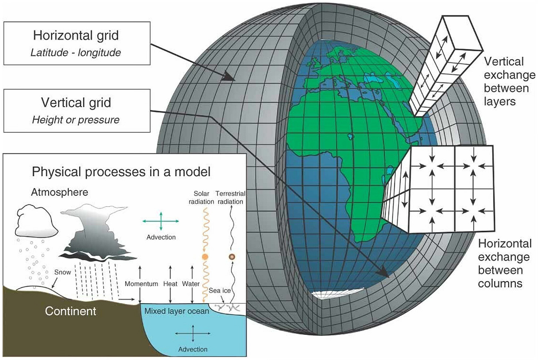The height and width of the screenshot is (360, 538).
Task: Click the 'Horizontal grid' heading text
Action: (x=76, y=35)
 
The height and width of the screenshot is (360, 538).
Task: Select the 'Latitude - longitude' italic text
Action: (x=76, y=52)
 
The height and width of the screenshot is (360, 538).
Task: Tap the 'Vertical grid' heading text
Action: (x=76, y=102)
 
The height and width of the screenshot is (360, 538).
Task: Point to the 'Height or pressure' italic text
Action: (x=76, y=120)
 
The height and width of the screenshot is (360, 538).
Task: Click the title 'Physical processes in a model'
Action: (x=121, y=172)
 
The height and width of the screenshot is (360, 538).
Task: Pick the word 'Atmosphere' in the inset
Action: (x=59, y=192)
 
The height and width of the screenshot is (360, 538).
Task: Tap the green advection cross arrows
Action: (x=161, y=221)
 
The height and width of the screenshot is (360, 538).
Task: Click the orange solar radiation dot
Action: (x=205, y=257)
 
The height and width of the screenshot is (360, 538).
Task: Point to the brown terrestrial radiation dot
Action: (x=232, y=257)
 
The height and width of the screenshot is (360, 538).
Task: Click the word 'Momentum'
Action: (x=141, y=284)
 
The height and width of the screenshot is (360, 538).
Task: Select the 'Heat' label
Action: (x=170, y=284)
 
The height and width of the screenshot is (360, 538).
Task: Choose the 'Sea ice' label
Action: (x=219, y=291)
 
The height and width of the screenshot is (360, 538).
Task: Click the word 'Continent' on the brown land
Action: (x=70, y=311)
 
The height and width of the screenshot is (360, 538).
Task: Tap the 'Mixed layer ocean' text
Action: (x=177, y=311)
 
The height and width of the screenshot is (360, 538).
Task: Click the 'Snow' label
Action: (x=62, y=272)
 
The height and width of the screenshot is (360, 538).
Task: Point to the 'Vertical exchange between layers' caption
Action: (x=508, y=81)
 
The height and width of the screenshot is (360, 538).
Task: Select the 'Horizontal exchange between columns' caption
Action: (x=504, y=263)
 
